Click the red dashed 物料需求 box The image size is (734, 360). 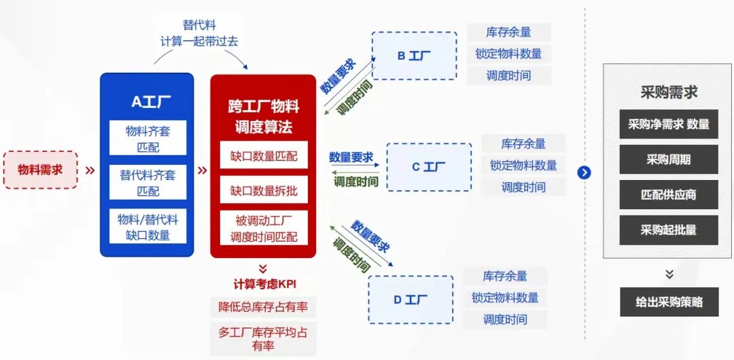click(x=40, y=169)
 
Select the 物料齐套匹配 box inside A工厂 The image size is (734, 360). click(x=148, y=138)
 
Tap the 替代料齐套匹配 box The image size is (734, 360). click(x=148, y=182)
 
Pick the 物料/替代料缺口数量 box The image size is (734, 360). click(x=148, y=226)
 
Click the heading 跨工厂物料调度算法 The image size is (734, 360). click(x=264, y=117)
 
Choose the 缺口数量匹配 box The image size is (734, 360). click(x=264, y=155)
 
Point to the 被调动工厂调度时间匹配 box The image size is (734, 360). click(x=264, y=228)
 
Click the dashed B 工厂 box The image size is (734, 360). click(x=415, y=56)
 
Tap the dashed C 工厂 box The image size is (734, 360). click(x=429, y=167)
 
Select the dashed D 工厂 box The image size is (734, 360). click(x=410, y=300)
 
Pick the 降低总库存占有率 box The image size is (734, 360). click(x=263, y=307)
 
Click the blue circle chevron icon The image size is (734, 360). click(x=584, y=173)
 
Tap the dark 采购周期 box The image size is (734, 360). click(x=669, y=160)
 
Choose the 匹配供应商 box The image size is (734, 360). click(x=669, y=195)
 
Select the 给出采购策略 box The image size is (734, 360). click(x=669, y=302)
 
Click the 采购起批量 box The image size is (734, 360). click(x=669, y=230)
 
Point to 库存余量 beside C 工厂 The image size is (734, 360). click(x=523, y=144)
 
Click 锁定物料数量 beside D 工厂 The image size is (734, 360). click(x=505, y=298)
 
